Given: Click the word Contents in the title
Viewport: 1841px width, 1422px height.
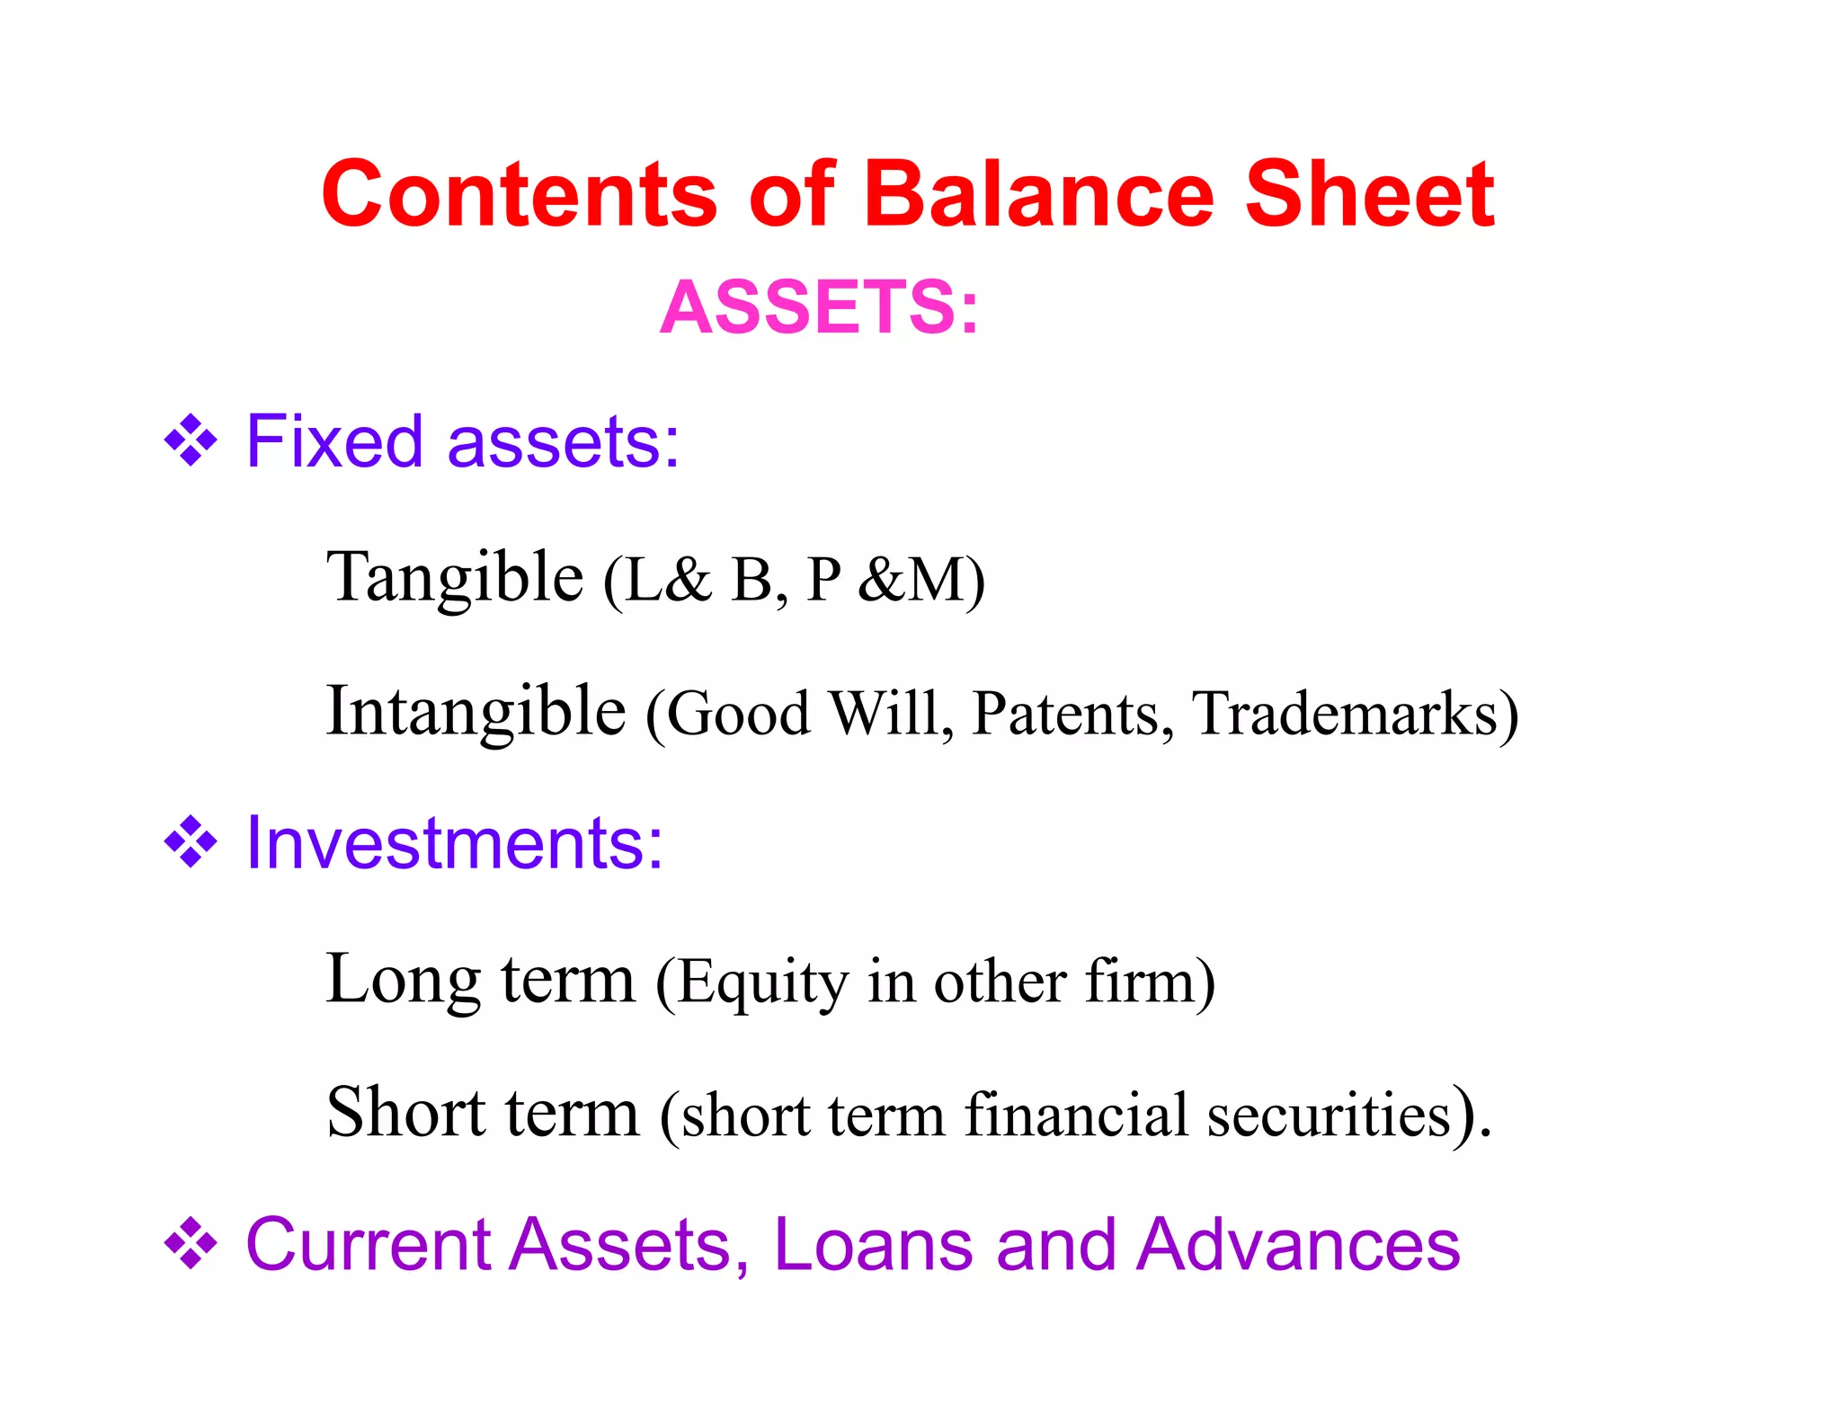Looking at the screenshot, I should (520, 195).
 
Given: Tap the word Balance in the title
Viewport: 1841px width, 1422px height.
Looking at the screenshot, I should (1038, 195).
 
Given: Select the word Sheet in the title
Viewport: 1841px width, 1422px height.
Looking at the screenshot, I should (1369, 195).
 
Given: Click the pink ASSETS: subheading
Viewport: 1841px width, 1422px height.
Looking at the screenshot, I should (819, 308).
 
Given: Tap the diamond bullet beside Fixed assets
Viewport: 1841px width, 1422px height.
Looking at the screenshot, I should (191, 441).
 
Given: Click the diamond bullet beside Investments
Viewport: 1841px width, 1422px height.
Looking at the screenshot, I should (191, 842).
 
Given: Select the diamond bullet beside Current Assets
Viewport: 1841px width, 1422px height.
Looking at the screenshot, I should (191, 1244).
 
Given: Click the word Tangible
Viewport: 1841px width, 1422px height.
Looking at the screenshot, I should (455, 578).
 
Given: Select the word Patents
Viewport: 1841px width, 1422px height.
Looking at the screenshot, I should (1072, 714).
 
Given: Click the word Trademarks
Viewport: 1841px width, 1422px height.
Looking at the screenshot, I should (1345, 714).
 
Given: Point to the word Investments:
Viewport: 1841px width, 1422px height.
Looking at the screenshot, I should (455, 843).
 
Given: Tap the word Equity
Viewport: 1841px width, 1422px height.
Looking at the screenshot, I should (762, 982).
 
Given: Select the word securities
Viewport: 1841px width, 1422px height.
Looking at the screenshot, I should (1329, 1115).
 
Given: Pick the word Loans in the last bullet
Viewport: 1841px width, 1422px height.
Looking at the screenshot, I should (873, 1245).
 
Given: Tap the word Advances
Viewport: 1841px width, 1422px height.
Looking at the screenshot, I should (1298, 1245).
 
